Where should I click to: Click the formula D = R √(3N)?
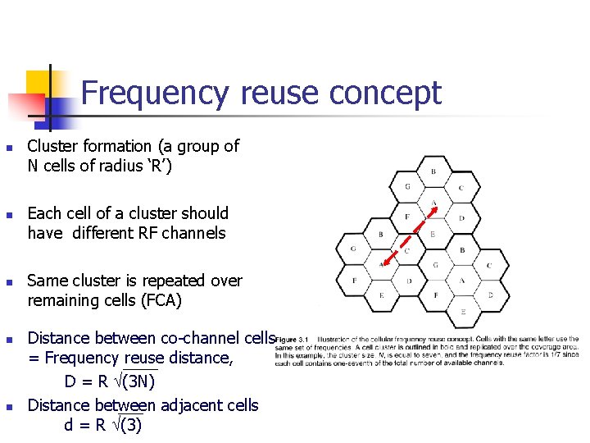click(x=111, y=381)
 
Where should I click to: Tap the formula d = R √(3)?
click(x=103, y=425)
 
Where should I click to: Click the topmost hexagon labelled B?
click(x=433, y=171)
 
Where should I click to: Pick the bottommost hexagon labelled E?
click(x=463, y=312)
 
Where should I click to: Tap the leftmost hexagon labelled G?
click(x=353, y=249)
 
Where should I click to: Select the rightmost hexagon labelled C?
click(x=490, y=265)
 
